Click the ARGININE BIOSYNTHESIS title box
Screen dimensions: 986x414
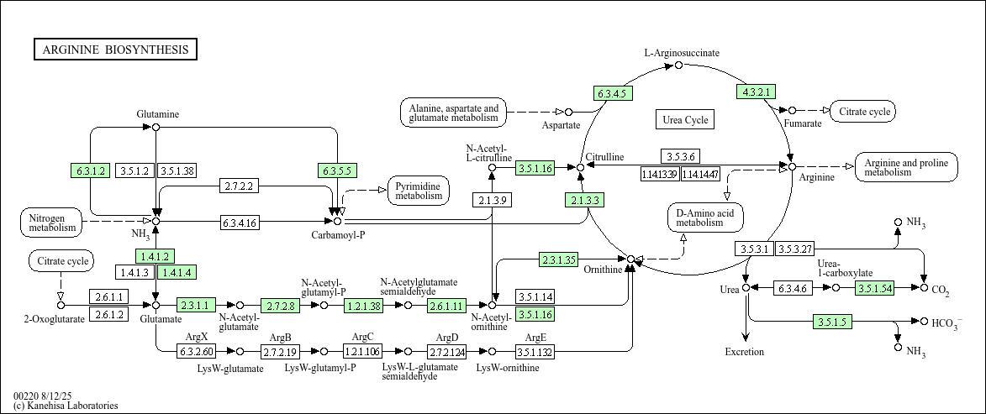(116, 50)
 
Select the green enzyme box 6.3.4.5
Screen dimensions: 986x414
(613, 93)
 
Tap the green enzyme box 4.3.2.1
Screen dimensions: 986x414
(756, 92)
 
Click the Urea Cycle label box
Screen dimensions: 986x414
(685, 119)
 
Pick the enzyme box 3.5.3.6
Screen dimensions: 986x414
(680, 156)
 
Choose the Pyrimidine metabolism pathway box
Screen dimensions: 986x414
(419, 191)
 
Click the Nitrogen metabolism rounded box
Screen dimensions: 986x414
(51, 222)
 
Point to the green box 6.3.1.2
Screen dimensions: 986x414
(91, 170)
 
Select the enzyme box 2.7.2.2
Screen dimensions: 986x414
(239, 186)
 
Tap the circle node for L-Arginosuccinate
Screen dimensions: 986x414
(678, 66)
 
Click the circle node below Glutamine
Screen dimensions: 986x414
(156, 127)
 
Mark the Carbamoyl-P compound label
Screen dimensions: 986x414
(338, 235)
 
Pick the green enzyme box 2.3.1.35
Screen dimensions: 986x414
(558, 259)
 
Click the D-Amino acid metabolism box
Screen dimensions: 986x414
(705, 217)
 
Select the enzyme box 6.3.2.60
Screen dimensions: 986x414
(196, 351)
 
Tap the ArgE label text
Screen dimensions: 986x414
(535, 338)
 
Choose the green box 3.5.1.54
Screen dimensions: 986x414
(874, 288)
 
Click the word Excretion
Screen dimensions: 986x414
(745, 352)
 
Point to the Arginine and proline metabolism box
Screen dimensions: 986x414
(906, 167)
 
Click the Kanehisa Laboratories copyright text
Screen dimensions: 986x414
(66, 406)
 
